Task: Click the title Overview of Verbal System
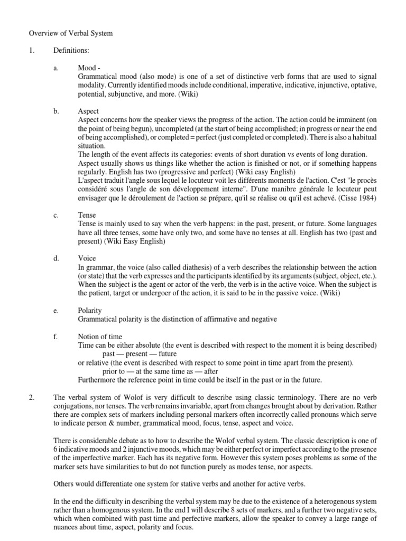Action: click(70, 33)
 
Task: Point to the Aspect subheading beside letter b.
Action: click(88, 111)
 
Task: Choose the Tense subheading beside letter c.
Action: click(87, 216)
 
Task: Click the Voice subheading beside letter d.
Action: click(87, 259)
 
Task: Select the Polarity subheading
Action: click(90, 311)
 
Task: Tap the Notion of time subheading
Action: click(100, 337)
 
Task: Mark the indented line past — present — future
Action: click(140, 353)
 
